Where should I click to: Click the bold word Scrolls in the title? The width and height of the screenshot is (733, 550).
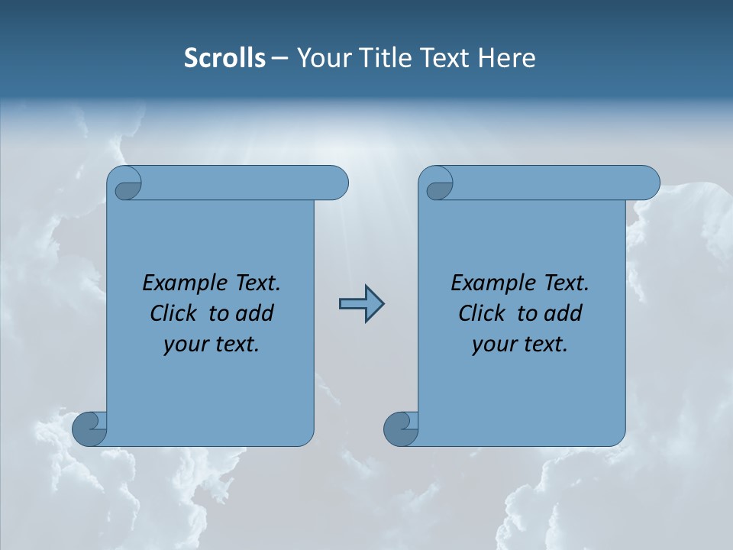click(x=224, y=58)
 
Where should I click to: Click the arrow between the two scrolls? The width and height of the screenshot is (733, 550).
click(x=361, y=304)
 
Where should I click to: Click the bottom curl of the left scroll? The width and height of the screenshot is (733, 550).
click(x=89, y=429)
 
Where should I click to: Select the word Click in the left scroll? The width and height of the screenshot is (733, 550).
click(x=172, y=313)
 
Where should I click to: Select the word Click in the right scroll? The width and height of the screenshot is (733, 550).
click(x=480, y=313)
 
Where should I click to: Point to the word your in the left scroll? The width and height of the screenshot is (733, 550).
click(x=185, y=345)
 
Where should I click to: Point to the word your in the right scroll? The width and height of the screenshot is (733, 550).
click(x=493, y=345)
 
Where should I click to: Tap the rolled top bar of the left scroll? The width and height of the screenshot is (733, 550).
click(x=244, y=183)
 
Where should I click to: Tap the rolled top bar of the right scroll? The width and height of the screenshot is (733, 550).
click(x=556, y=183)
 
